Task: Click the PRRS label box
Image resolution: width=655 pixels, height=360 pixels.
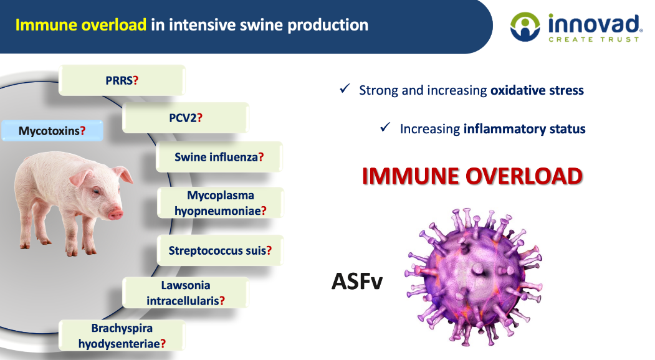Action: coord(122,80)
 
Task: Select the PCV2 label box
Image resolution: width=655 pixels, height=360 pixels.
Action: coord(186,118)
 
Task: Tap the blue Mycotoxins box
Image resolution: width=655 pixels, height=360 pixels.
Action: coord(52,131)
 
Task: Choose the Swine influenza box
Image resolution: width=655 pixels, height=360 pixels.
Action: coord(219,157)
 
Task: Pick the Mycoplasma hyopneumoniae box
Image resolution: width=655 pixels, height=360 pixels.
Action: coord(220,203)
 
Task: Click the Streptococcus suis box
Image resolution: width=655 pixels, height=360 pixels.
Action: coord(220,250)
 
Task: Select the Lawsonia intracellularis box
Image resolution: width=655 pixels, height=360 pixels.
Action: coord(186,293)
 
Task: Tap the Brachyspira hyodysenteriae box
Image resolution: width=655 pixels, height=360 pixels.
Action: coord(122,336)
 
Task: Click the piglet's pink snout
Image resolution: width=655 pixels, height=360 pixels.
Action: coord(116,215)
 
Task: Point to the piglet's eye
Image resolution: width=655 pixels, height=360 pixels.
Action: coord(97,191)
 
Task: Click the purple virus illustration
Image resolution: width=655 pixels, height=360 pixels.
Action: coord(474,277)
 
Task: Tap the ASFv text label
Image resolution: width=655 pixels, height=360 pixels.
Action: coord(357,281)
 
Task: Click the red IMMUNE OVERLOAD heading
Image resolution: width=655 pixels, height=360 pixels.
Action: coord(472,176)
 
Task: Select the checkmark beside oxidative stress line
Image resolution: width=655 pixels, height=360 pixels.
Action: coord(345,88)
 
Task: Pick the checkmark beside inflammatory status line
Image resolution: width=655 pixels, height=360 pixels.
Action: coord(385,126)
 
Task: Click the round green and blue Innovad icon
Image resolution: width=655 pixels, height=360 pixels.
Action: coord(525,27)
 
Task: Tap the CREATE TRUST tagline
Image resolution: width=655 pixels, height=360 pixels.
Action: coord(593,39)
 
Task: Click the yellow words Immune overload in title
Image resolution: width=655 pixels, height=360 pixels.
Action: coord(81,25)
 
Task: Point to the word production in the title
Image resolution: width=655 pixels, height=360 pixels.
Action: coord(328,26)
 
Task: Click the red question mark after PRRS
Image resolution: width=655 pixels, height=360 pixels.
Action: coord(135,80)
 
